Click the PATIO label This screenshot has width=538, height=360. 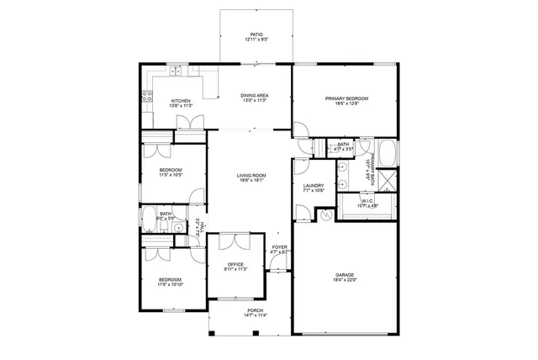pyautogui.click(x=256, y=35)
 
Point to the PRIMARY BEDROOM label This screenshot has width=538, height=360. pyautogui.click(x=347, y=98)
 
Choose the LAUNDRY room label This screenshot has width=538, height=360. pyautogui.click(x=314, y=186)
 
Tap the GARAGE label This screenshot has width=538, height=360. pyautogui.click(x=345, y=274)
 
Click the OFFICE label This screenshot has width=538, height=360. pyautogui.click(x=235, y=266)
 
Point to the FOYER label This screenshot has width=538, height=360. pyautogui.click(x=280, y=247)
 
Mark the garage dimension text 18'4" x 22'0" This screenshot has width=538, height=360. pyautogui.click(x=345, y=280)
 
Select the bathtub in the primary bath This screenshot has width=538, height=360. pyautogui.click(x=389, y=154)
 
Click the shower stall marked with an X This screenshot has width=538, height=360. pyautogui.click(x=388, y=180)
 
